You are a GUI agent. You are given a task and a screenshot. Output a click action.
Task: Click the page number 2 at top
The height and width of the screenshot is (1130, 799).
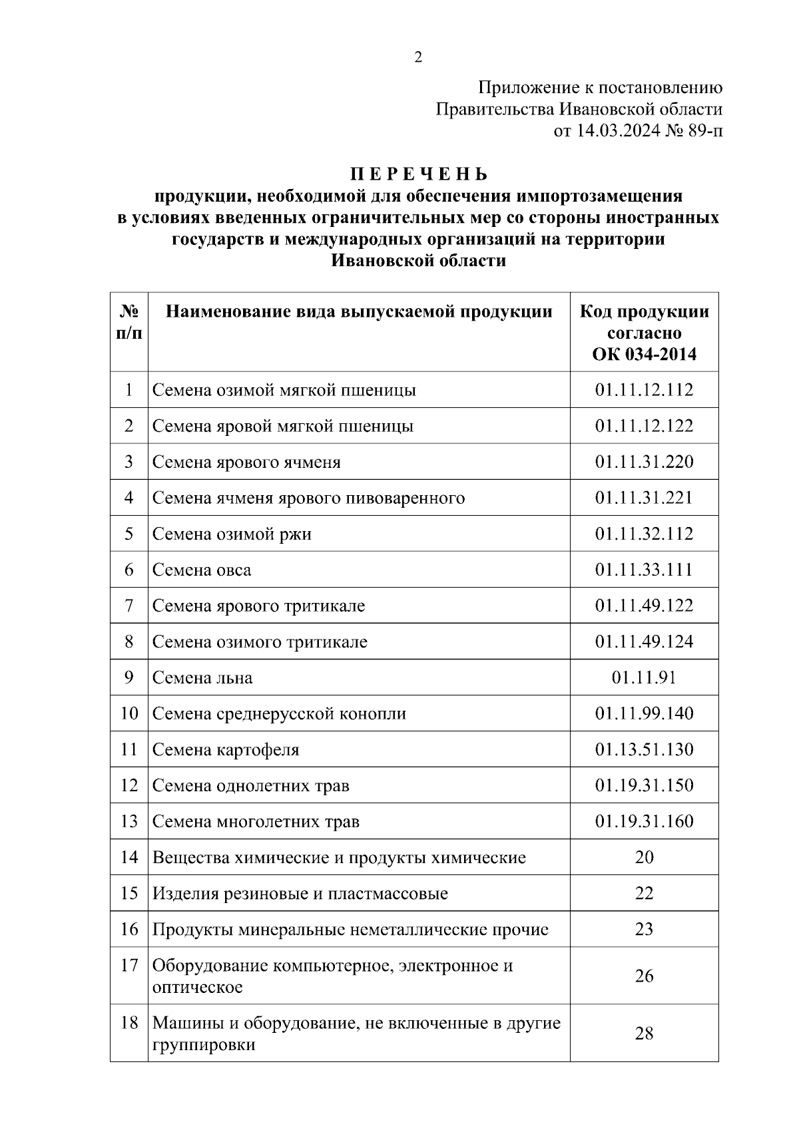click(418, 58)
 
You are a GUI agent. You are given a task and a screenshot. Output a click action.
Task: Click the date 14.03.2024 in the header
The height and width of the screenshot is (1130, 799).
click(619, 130)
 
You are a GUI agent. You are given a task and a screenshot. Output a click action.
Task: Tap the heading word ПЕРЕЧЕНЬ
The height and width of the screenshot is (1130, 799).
click(419, 174)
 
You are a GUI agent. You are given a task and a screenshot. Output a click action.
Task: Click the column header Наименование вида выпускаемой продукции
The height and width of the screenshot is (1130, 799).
click(359, 311)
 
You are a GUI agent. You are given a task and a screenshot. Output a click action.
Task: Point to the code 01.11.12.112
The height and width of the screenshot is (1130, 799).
click(644, 390)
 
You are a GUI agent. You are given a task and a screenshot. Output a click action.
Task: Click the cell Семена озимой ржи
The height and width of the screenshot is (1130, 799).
click(232, 534)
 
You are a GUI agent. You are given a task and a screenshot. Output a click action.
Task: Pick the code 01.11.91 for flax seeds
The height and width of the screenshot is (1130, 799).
click(644, 677)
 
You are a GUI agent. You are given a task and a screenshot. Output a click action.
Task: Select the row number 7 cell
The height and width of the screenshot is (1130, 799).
click(129, 606)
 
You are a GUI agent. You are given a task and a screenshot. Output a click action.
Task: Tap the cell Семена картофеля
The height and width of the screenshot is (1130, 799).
click(226, 749)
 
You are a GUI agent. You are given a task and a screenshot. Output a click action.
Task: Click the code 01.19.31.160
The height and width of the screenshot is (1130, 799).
click(644, 821)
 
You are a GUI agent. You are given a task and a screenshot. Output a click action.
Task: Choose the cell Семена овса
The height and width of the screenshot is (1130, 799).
click(202, 570)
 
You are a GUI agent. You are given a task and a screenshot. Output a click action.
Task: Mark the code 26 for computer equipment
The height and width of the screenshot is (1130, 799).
click(644, 976)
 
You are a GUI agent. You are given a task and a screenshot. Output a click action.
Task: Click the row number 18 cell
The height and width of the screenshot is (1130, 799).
click(129, 1022)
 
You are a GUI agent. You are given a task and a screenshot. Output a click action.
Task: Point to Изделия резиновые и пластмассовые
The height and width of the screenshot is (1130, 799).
click(300, 893)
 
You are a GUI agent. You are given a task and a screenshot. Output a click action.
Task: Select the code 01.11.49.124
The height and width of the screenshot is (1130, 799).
click(644, 642)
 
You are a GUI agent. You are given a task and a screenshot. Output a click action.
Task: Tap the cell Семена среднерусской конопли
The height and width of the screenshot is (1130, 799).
click(279, 713)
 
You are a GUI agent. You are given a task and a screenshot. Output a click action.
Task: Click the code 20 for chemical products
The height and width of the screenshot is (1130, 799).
click(644, 857)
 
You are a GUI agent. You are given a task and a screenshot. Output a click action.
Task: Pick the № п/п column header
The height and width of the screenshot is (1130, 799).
click(129, 322)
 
